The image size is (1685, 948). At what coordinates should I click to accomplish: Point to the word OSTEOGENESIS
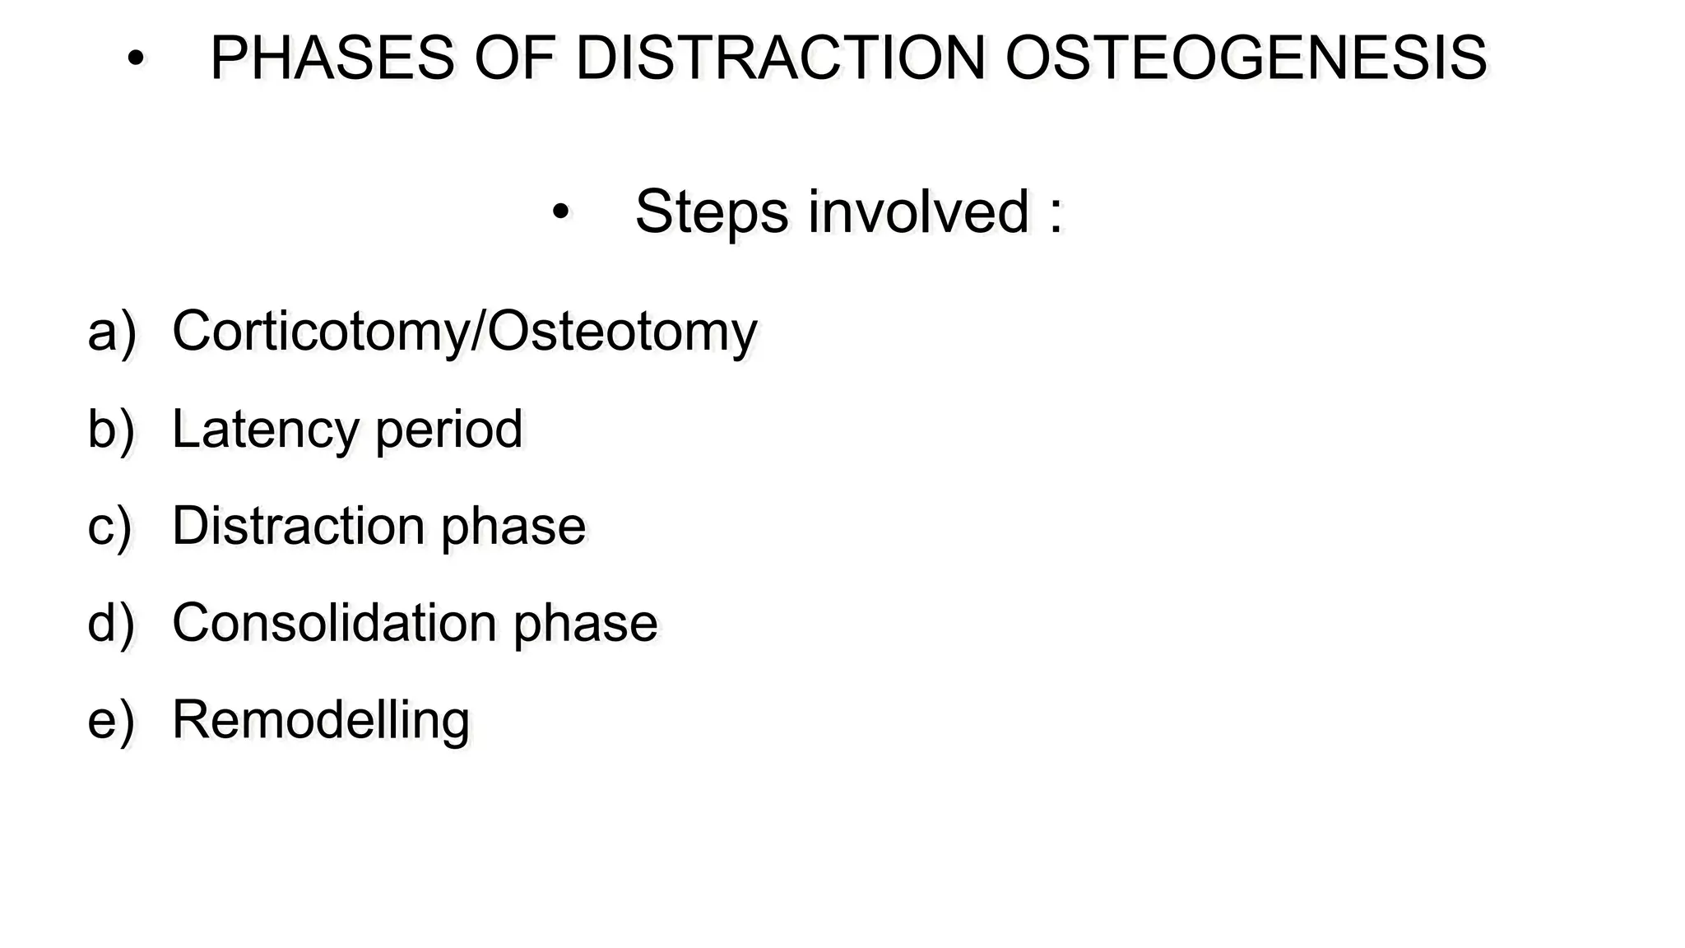[x=1246, y=58]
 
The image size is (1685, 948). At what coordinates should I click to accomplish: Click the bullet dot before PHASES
[x=136, y=59]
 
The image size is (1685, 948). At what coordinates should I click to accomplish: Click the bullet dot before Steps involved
[x=560, y=212]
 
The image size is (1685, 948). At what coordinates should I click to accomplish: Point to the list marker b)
[x=111, y=429]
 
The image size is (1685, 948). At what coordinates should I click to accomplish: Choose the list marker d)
[x=111, y=623]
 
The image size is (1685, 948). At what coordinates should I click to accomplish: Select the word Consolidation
[x=334, y=623]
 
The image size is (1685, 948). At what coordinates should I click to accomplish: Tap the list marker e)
[x=111, y=720]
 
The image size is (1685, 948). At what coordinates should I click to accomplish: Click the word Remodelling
[x=321, y=720]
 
